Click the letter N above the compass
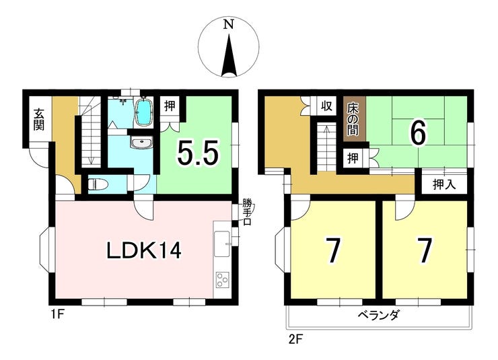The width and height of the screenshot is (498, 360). [229, 24]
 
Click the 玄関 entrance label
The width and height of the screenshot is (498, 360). [39, 119]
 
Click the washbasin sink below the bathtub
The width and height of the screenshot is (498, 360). [142, 143]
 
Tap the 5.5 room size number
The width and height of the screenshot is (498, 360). [198, 153]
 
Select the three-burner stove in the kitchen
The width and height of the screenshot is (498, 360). [221, 280]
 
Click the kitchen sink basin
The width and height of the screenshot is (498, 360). [221, 244]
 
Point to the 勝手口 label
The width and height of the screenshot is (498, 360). [247, 211]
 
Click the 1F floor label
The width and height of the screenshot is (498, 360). [57, 316]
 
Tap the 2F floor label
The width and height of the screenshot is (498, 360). [294, 340]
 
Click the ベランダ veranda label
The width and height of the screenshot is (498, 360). [378, 316]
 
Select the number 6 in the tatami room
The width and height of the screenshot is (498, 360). [419, 134]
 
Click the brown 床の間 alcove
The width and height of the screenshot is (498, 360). [354, 118]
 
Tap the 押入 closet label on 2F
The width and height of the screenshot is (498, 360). [444, 184]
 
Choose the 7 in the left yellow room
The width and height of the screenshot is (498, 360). [332, 251]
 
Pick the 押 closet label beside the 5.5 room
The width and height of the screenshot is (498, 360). [170, 106]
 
